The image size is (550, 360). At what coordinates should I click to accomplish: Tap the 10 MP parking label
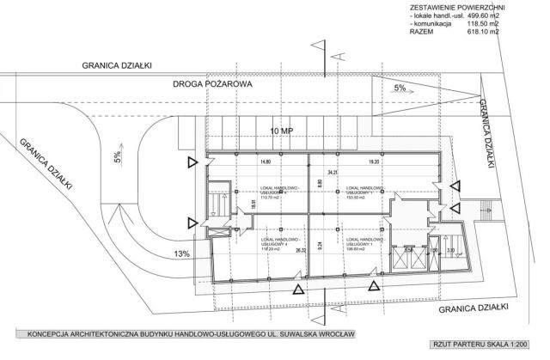(x=282, y=131)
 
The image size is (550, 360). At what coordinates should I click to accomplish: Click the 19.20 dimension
(x=373, y=161)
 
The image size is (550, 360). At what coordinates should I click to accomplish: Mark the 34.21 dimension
(x=321, y=172)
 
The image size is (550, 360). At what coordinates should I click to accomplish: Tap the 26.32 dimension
(x=300, y=251)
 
